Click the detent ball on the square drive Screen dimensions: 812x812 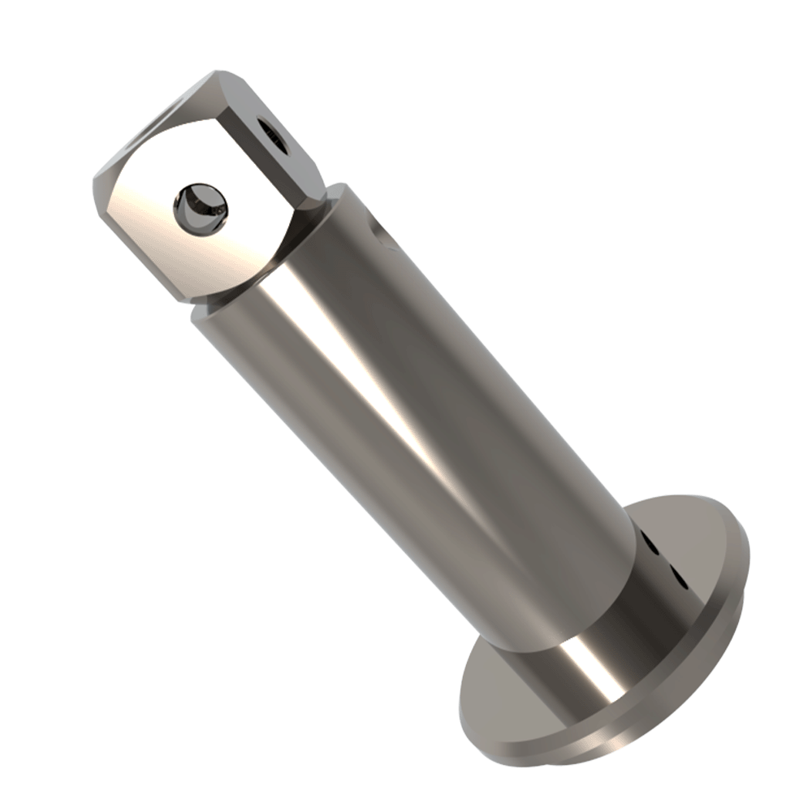200,207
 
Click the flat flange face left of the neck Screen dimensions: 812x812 503,698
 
